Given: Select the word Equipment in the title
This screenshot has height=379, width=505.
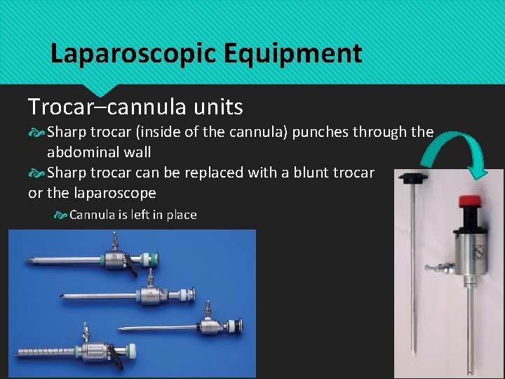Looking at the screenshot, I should point(316,53).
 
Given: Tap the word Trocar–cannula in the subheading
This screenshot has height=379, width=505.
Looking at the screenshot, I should point(105,107).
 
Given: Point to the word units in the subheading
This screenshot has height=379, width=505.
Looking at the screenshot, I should point(213,107).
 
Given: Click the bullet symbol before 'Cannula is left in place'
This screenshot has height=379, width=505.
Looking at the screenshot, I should point(60,215).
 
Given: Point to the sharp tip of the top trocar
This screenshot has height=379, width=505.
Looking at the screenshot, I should point(27,260).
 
